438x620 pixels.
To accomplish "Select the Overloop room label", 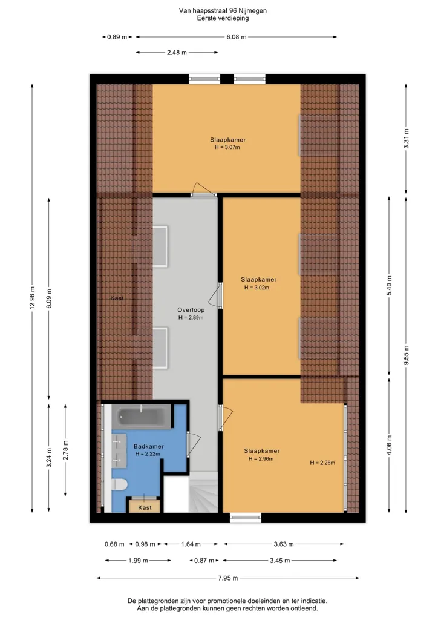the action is pyautogui.click(x=191, y=310).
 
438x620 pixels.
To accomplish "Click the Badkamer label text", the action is pyautogui.click(x=148, y=446).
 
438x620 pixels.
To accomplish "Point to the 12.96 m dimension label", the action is pyautogui.click(x=33, y=298).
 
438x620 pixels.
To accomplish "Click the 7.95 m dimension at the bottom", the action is pyautogui.click(x=228, y=578).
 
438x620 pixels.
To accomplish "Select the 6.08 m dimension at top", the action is pyautogui.click(x=236, y=37).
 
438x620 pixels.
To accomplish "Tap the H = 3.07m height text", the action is pyautogui.click(x=227, y=147).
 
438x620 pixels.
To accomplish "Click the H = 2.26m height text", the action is pyautogui.click(x=322, y=463).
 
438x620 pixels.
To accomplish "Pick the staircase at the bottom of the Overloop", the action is pyautogui.click(x=203, y=492).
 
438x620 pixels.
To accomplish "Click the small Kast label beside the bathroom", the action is pyautogui.click(x=145, y=508).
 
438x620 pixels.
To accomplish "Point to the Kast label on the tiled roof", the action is pyautogui.click(x=117, y=298).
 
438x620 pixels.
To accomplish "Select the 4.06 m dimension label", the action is pyautogui.click(x=390, y=445).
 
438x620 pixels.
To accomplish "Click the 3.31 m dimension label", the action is pyautogui.click(x=406, y=139).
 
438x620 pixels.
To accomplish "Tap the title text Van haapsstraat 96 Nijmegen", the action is pyautogui.click(x=223, y=11).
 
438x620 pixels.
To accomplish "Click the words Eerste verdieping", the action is pyautogui.click(x=223, y=18).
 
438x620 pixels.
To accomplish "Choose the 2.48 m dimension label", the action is pyautogui.click(x=177, y=53).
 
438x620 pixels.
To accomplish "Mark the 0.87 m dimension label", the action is pyautogui.click(x=204, y=561).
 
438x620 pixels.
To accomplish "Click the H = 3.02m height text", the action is pyautogui.click(x=257, y=288).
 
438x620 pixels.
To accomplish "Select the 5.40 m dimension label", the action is pyautogui.click(x=390, y=286).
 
